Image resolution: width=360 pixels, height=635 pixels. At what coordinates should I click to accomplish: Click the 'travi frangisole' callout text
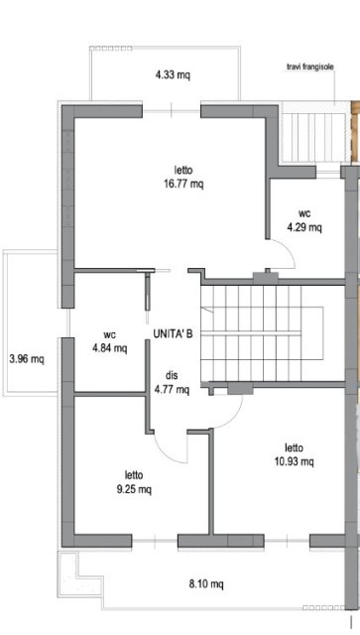coord(310,67)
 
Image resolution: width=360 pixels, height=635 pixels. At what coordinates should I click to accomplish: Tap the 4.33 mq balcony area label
coord(173,75)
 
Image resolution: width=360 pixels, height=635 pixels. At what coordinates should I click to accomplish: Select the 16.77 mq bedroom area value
coord(183,185)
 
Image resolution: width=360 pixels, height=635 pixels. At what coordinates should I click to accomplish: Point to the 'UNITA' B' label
coord(173,334)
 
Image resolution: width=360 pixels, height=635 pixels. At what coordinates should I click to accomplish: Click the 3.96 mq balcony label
coord(27,359)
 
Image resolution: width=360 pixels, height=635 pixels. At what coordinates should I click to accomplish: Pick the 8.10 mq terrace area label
coord(206,584)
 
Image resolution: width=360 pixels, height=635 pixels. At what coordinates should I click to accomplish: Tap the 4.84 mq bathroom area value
coord(110,348)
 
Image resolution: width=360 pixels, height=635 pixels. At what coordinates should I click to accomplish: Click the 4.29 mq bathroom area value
coord(304,227)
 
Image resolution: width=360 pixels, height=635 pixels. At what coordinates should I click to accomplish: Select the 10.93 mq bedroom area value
coord(294,461)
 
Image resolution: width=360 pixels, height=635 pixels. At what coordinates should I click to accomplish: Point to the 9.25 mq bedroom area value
coord(135,489)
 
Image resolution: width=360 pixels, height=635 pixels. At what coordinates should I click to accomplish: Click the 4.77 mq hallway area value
coord(172,390)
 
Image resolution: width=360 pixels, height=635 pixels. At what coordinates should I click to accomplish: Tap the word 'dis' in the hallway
coord(172,376)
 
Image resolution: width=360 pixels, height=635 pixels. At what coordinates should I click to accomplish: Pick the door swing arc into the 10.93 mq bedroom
coord(234,417)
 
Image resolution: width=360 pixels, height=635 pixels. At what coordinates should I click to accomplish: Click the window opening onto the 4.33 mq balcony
coord(172,108)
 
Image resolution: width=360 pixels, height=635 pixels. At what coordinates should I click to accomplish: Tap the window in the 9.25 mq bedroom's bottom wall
coord(155,540)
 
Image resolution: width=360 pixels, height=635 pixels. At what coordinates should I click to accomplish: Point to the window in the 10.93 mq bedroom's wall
coord(288,540)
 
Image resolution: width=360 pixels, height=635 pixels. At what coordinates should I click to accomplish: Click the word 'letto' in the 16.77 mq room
coord(183,170)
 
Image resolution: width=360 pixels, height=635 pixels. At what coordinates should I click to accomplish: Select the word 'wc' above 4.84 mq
coord(110,335)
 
